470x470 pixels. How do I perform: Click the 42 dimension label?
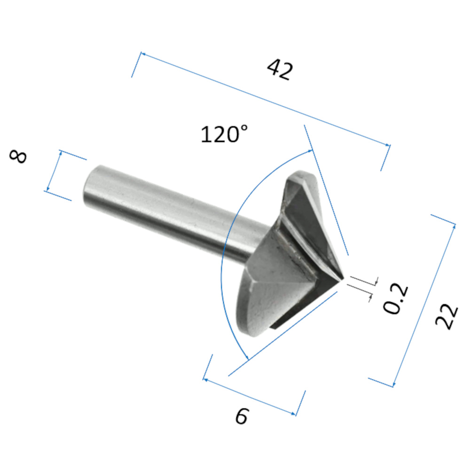(280, 70)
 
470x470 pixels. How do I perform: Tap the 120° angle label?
(224, 134)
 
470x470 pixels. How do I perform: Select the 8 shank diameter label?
(18, 157)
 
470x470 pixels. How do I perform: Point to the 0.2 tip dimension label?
(396, 298)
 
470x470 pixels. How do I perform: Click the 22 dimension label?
(446, 317)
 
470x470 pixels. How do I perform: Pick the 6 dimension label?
(242, 416)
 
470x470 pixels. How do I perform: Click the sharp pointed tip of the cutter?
(343, 280)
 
